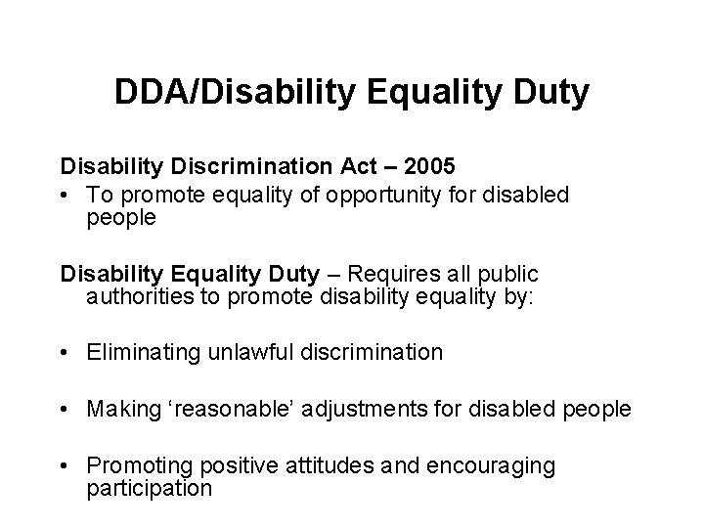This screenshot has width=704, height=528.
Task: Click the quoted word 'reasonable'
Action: [236, 409]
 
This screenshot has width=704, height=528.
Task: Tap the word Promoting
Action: [138, 466]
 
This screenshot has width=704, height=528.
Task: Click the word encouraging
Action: [494, 466]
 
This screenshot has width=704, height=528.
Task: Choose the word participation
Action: [149, 488]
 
